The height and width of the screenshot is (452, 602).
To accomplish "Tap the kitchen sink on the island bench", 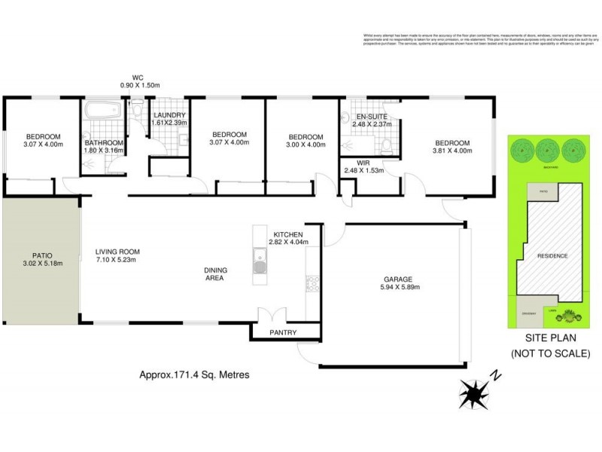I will click(260, 265).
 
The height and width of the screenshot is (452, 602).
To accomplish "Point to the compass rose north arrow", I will click(474, 392).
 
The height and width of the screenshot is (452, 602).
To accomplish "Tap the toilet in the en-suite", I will click(386, 144).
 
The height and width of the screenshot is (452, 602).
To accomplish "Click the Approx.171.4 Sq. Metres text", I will click(194, 374).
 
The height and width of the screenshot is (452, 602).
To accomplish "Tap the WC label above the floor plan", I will click(137, 77).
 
